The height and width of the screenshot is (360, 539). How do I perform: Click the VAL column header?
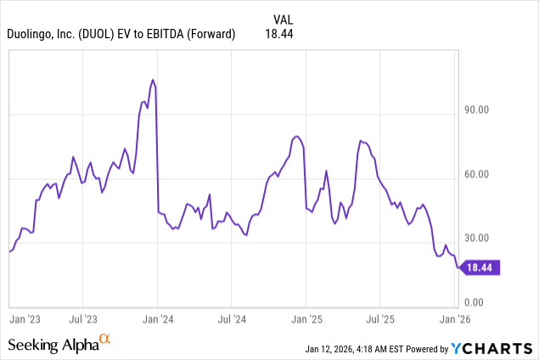tap(284, 18)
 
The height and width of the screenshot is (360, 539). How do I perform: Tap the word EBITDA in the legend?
tap(177, 33)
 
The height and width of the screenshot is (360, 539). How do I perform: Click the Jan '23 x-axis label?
tap(26, 319)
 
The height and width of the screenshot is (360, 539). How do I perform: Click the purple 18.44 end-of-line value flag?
tap(482, 267)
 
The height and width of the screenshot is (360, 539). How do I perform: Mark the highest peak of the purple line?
tap(153, 80)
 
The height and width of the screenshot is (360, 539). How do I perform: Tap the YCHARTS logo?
tap(492, 347)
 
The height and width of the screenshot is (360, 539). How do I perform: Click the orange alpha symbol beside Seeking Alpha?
tap(105, 340)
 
